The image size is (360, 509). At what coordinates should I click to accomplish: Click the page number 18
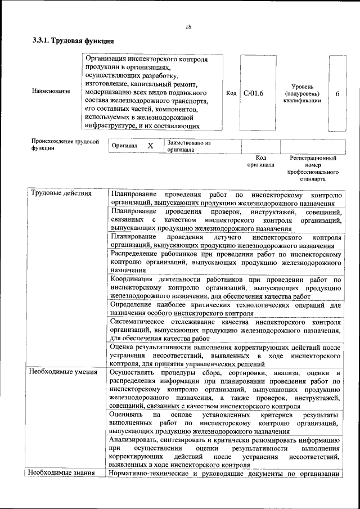click(x=188, y=26)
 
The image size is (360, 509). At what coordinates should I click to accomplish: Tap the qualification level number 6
click(x=337, y=93)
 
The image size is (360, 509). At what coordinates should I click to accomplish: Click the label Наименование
click(x=51, y=91)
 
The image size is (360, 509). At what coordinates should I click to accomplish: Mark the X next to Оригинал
click(x=150, y=146)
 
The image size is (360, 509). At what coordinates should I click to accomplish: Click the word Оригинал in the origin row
click(x=125, y=146)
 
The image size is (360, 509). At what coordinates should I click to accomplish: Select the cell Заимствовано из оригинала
click(x=189, y=146)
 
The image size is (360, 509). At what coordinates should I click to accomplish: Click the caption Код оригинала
click(x=260, y=161)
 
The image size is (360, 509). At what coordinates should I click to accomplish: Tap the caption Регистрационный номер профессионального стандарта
click(x=313, y=169)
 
